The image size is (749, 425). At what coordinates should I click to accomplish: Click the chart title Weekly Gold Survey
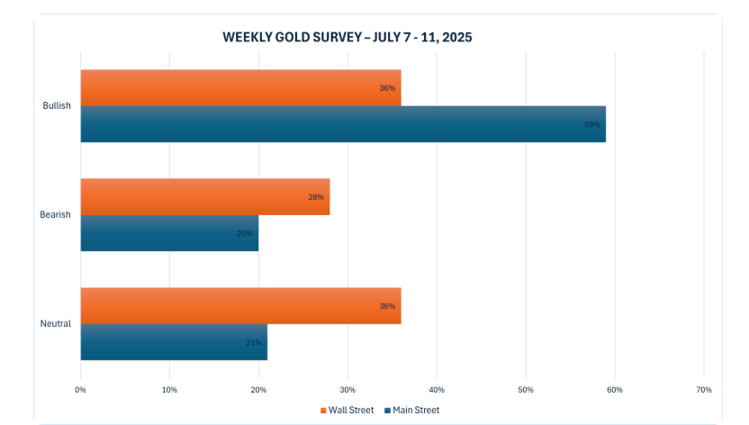pos(347,38)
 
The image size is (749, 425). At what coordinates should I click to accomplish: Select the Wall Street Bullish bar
pos(240,88)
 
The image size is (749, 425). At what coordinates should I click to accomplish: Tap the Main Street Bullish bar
pos(342,124)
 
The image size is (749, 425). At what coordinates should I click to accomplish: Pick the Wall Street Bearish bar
pos(204,196)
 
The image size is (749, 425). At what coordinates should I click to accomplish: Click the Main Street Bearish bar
pos(169,232)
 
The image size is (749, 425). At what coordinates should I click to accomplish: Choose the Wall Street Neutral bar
pos(240,306)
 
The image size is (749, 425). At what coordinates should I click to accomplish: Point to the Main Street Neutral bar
pos(174,342)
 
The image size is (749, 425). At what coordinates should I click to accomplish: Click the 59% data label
pos(592,124)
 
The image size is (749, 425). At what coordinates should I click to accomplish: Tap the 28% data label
pos(316,196)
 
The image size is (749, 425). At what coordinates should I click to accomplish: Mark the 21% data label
pos(254,342)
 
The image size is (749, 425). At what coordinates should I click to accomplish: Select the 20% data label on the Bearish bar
pos(245,232)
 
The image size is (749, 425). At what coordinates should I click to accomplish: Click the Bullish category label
pos(56,106)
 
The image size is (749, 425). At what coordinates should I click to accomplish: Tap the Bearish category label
pos(55,214)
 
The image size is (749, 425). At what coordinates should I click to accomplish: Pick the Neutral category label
pos(56,324)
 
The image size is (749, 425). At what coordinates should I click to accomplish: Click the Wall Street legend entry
pos(347,410)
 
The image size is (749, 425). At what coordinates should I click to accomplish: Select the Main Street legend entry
pos(412,410)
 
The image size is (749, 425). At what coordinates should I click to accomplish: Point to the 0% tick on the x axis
pos(80,389)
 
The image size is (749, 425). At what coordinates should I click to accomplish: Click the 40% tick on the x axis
pos(437,389)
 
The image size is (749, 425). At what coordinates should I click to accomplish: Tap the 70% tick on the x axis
pos(704,389)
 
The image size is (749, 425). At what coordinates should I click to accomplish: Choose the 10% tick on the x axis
pos(169,389)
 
